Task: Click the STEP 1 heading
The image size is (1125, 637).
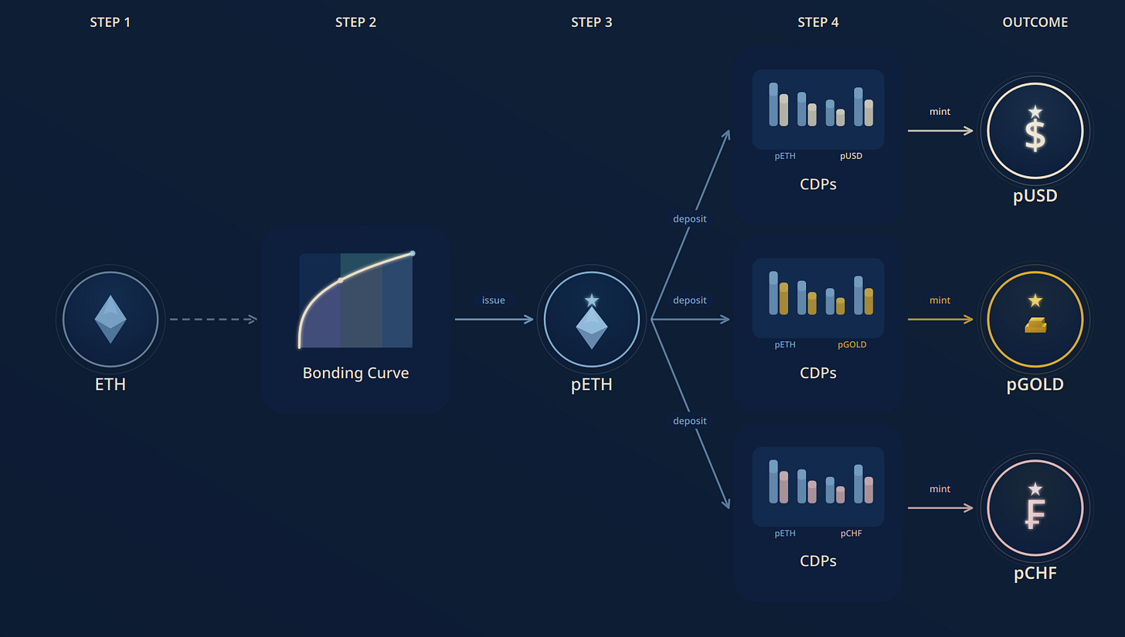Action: (110, 22)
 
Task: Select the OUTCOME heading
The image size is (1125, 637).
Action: (1035, 22)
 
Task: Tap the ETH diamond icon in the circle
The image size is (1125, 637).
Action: (110, 319)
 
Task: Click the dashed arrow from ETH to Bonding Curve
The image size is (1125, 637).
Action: (212, 319)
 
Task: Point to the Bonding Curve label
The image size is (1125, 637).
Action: (355, 373)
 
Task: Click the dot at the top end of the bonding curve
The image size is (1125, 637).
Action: (413, 253)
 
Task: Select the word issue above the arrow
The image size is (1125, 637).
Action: (493, 300)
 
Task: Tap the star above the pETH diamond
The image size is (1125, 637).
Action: (592, 300)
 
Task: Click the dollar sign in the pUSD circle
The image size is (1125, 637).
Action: (1035, 133)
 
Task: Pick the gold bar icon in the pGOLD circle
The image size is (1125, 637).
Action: (1035, 326)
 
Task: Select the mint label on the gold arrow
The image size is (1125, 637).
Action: (940, 300)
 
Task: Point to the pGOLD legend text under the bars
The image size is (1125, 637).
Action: (851, 344)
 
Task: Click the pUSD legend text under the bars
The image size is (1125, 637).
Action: (851, 156)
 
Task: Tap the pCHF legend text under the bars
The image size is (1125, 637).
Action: (851, 533)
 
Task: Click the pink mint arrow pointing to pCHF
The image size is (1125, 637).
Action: (940, 508)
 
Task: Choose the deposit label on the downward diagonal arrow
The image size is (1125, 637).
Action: (689, 421)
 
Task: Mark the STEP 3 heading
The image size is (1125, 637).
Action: (591, 22)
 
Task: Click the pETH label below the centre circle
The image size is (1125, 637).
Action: (591, 385)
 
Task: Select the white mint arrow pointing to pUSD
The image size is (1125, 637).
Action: (940, 130)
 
